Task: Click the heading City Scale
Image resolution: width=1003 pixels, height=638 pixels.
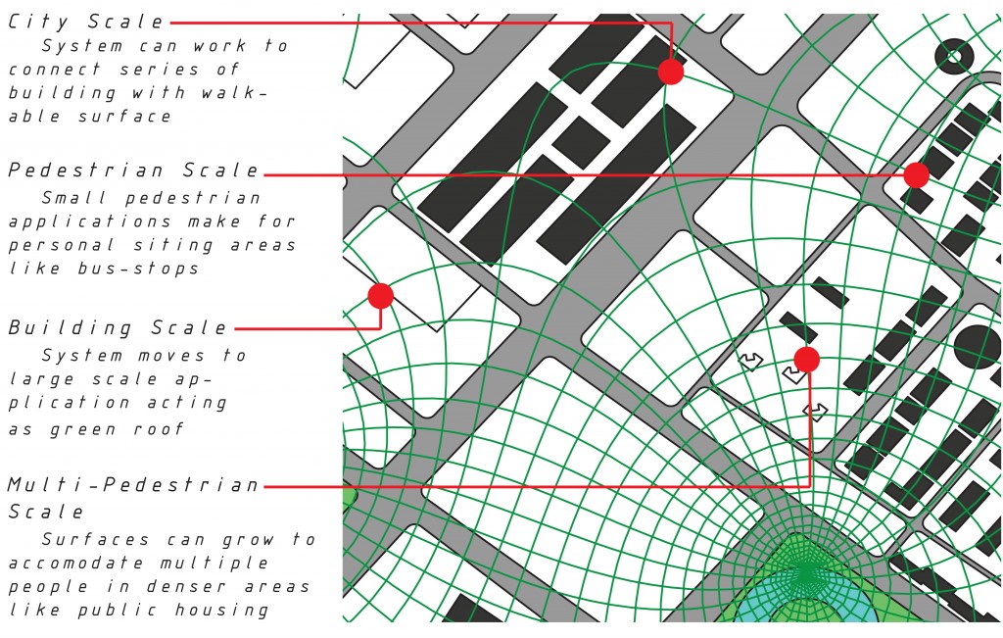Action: [x=86, y=22]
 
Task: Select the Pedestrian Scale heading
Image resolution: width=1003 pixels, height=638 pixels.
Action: [x=133, y=171]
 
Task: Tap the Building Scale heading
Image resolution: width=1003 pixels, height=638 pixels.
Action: [x=118, y=327]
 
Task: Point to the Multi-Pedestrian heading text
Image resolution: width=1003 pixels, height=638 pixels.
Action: [x=133, y=485]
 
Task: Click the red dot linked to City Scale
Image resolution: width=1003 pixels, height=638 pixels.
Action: [x=670, y=72]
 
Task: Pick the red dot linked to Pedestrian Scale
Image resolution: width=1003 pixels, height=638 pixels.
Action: [x=916, y=174]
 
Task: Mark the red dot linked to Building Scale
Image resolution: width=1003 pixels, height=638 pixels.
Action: [x=381, y=296]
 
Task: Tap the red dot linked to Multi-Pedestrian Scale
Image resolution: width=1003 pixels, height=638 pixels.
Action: [x=807, y=360]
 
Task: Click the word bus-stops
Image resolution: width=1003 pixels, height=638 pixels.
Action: [x=138, y=269]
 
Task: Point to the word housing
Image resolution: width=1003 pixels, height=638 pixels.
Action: [x=221, y=611]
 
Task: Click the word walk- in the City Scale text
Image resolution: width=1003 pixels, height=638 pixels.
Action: [x=231, y=93]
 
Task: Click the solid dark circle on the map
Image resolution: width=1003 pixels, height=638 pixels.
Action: [x=977, y=348]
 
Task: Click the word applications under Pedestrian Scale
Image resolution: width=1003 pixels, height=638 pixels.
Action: [x=89, y=222]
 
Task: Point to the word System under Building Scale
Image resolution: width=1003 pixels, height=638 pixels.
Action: [x=82, y=356]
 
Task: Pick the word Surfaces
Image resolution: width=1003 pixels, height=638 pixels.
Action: [x=95, y=539]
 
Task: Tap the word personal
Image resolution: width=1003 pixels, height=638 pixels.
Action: [x=62, y=245]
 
